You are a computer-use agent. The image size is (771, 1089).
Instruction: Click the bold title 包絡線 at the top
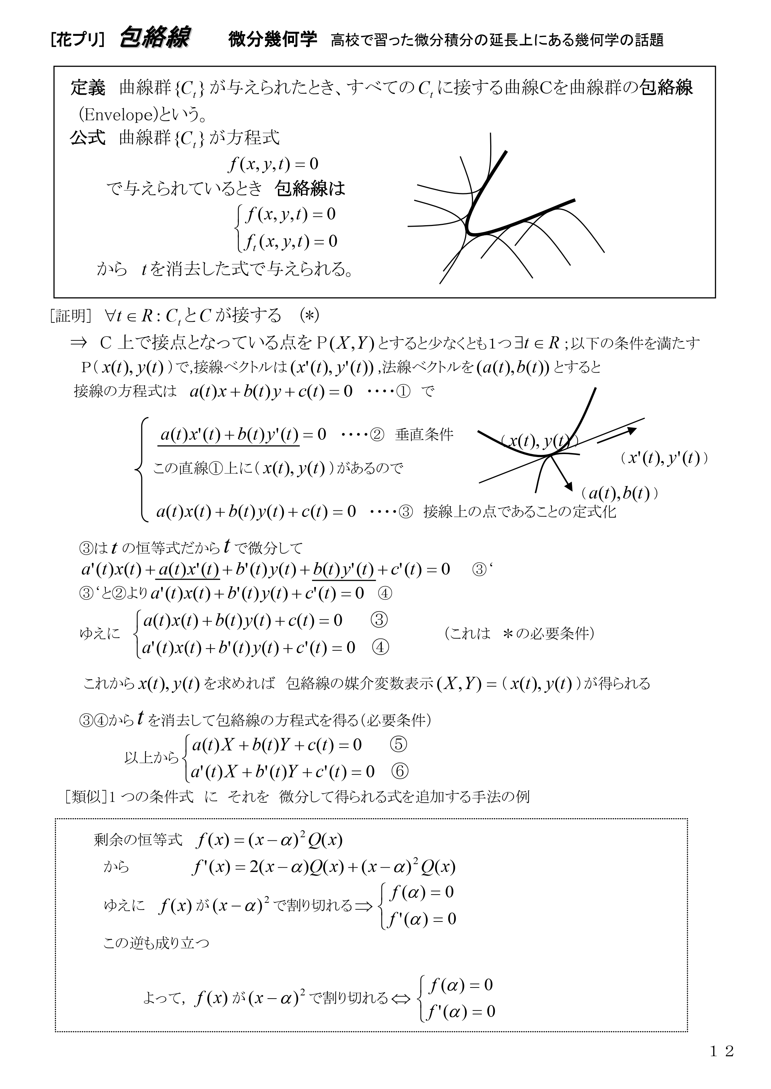coord(155,38)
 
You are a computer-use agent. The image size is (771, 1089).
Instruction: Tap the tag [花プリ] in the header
coord(77,40)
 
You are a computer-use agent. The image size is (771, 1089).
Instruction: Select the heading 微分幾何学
coord(272,39)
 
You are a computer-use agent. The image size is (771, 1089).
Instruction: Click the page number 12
coord(722,1051)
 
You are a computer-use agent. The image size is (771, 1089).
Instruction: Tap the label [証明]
coord(70,316)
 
